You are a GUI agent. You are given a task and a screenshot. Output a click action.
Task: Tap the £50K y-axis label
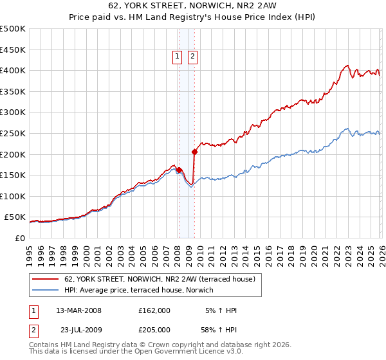pyautogui.click(x=15, y=217)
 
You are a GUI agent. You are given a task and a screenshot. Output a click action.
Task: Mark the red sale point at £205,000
pyautogui.click(x=194, y=152)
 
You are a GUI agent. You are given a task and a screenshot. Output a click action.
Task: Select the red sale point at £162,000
pyautogui.click(x=179, y=170)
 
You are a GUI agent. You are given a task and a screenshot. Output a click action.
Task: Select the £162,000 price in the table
pyautogui.click(x=154, y=310)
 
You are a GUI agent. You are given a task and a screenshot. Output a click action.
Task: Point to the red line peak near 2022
pyautogui.click(x=347, y=65)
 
